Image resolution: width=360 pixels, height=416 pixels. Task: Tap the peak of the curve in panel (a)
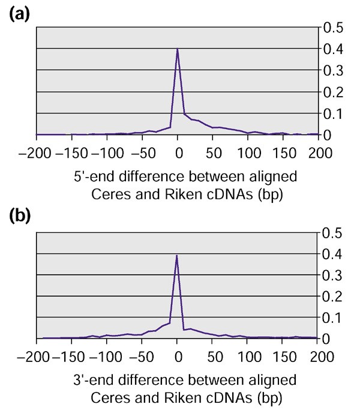[178, 49]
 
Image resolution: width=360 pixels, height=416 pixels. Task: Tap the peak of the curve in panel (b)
[177, 255]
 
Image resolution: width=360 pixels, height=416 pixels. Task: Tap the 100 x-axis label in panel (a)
[247, 154]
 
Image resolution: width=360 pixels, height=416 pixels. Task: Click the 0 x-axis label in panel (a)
[178, 154]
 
